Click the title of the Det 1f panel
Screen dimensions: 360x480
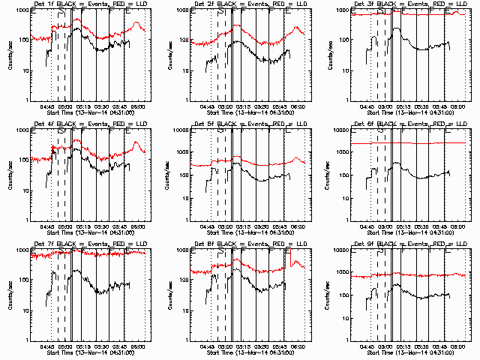point(90,4)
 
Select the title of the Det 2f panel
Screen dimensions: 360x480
point(250,4)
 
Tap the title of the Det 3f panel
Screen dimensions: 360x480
point(409,4)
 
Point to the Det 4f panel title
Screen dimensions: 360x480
point(90,124)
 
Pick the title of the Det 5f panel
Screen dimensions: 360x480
point(250,124)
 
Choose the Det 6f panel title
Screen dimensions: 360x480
point(409,124)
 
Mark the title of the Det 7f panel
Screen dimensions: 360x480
point(90,244)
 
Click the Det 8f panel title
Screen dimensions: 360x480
point(250,244)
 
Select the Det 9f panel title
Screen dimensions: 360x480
point(409,244)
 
